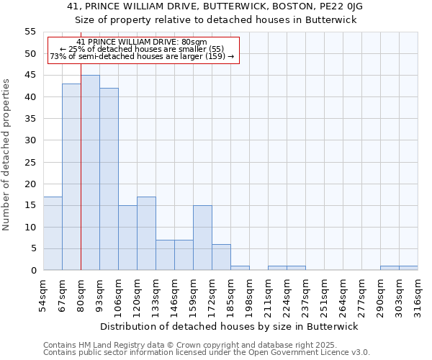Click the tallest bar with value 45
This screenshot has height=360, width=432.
coord(90,173)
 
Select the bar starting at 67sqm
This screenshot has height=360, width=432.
coord(71,177)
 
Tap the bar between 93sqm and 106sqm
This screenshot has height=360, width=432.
coord(109,179)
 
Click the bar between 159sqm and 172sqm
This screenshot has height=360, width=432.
coord(202,238)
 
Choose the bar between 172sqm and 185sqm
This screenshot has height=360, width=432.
coord(221,257)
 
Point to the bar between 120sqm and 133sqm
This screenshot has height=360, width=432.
coord(146,233)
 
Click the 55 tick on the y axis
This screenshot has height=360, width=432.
coord(30,32)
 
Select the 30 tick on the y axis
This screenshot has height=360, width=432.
coord(30,140)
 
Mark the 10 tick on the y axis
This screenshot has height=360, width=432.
coord(30,227)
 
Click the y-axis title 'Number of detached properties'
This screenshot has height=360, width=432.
coord(7,154)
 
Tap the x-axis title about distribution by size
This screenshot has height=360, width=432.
coord(229,326)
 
